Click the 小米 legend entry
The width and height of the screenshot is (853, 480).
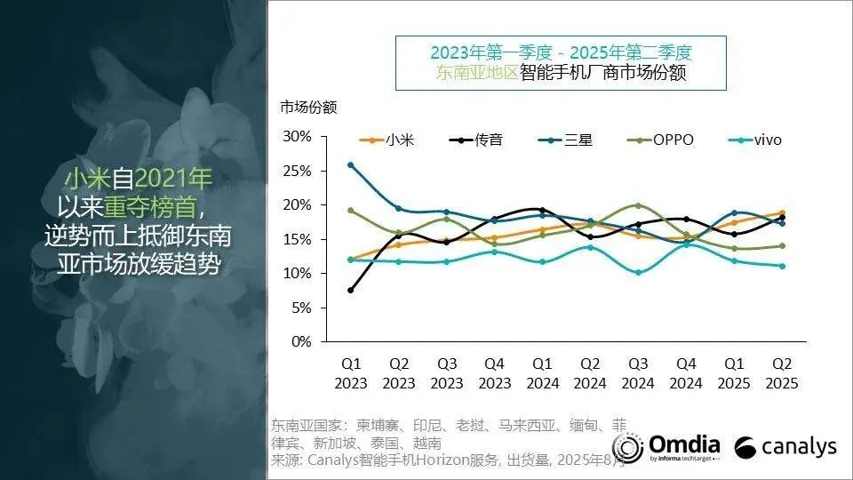387,140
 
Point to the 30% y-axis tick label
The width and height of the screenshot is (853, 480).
298,136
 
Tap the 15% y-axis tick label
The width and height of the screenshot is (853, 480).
298,239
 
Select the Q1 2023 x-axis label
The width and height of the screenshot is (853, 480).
351,374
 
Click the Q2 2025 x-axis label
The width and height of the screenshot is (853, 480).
781,374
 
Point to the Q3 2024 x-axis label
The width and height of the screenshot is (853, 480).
638,374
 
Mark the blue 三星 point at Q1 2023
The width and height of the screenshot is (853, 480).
351,164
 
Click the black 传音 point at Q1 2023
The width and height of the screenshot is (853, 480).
351,290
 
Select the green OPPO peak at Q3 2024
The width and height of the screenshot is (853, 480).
638,205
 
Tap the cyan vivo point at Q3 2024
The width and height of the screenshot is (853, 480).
638,272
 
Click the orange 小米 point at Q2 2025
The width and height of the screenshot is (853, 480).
781,212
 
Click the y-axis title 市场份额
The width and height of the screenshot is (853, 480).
308,108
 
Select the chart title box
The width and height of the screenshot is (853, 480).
561,62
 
